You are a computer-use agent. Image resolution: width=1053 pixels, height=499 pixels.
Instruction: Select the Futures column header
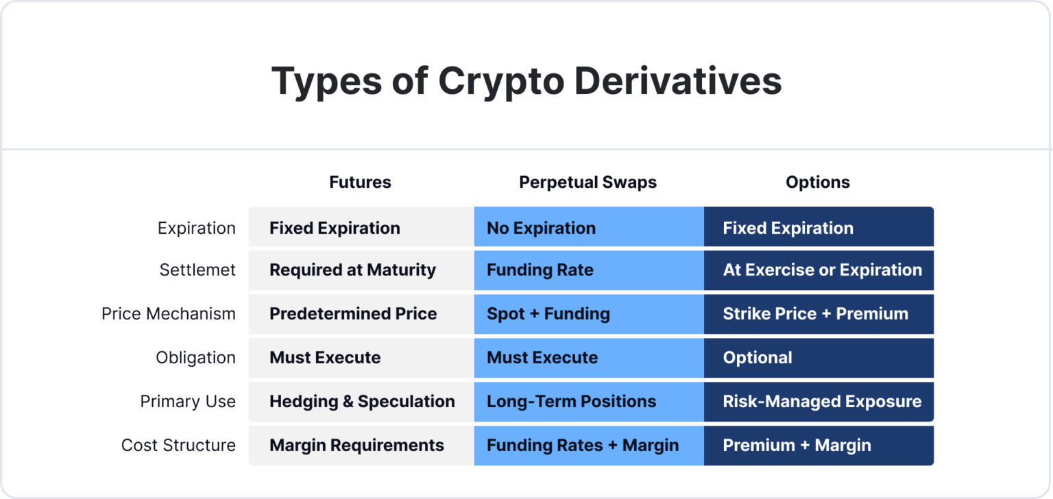[360, 182]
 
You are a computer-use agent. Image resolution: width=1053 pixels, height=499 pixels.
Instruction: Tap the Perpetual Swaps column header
[588, 182]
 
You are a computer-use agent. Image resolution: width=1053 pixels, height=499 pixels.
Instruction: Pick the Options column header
[817, 182]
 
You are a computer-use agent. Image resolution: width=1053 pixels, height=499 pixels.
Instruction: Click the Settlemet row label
[197, 270]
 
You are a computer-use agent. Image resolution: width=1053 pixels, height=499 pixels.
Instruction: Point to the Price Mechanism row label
[169, 314]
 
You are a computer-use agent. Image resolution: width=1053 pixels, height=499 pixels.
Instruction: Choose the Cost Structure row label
[178, 446]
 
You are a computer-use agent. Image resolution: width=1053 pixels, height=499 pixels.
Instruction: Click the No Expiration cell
[541, 228]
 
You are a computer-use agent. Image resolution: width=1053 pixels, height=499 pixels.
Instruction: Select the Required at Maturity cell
[352, 270]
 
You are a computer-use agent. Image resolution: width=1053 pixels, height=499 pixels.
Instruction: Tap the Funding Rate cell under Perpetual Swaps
[540, 270]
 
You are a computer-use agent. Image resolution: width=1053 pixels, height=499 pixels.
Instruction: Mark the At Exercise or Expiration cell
[822, 270]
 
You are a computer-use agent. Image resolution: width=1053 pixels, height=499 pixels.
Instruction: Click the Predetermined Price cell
[353, 314]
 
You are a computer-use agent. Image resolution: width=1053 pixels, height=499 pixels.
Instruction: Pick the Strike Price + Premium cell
[815, 314]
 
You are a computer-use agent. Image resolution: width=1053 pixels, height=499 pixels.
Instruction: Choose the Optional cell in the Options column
[758, 358]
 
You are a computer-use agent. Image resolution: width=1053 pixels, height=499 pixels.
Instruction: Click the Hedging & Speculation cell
[362, 402]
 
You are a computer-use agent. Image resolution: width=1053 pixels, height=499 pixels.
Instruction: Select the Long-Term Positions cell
[571, 402]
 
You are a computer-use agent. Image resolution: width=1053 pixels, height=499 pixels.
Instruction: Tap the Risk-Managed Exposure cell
[822, 402]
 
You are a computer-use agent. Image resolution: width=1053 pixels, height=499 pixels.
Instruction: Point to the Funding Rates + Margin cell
[583, 446]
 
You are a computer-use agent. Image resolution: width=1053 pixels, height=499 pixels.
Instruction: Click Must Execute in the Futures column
[325, 358]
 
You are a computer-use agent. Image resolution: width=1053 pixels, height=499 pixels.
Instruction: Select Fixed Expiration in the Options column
[788, 228]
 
